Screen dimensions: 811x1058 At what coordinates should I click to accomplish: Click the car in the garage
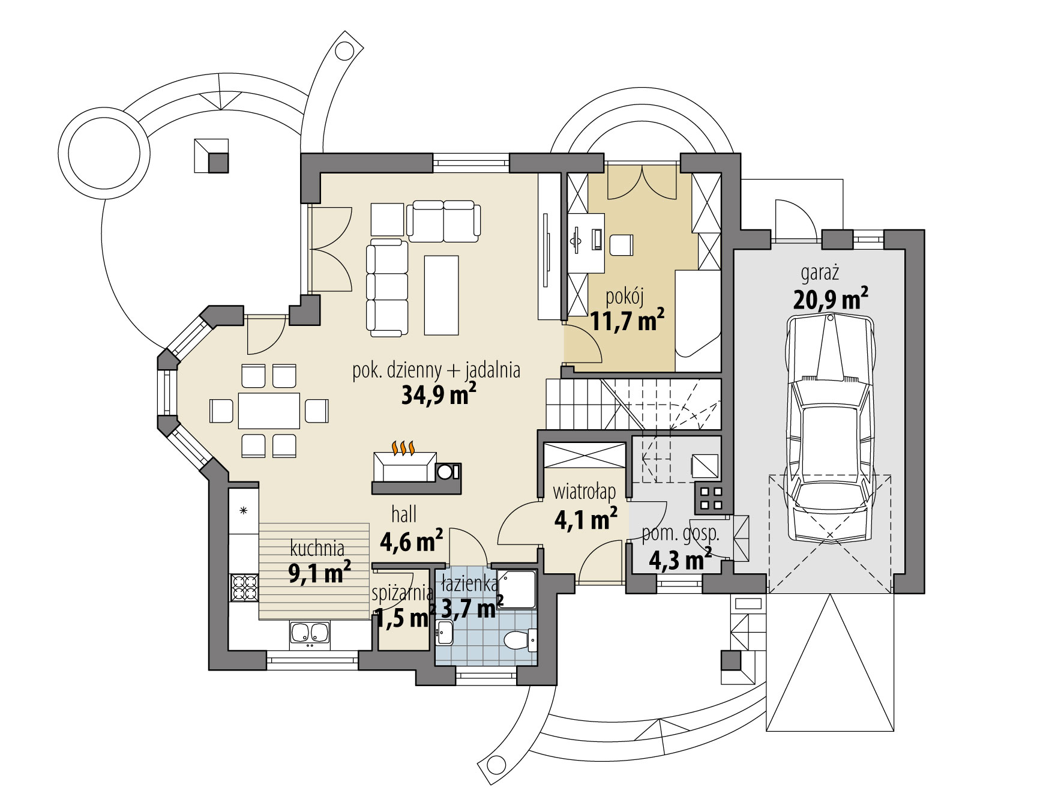829,429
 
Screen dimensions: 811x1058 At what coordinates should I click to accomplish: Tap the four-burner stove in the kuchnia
244,588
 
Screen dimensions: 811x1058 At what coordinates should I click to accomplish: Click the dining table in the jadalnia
269,411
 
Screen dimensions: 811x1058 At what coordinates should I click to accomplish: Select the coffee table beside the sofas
441,295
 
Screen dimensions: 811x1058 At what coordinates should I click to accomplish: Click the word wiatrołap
584,492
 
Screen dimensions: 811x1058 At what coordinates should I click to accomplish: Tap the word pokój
625,297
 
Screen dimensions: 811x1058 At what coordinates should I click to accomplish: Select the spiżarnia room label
402,594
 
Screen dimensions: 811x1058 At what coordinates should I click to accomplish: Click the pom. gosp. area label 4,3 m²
680,561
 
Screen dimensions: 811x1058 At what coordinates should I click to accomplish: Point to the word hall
404,514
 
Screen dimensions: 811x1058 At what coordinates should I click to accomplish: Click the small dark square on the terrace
218,163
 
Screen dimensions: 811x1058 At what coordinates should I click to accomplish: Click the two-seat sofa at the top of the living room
443,220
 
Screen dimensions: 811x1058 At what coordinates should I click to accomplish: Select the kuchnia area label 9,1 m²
319,573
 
